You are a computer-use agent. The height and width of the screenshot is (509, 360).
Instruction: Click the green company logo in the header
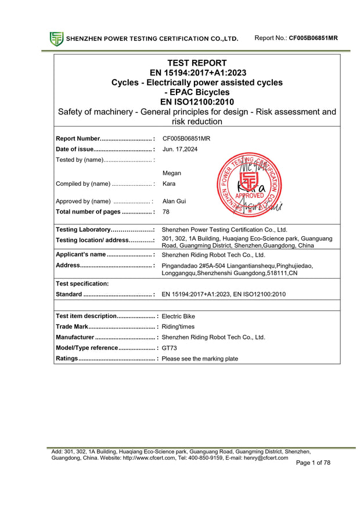56,39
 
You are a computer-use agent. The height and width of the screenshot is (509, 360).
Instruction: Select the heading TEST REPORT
197,63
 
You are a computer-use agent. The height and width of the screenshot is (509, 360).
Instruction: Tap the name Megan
171,173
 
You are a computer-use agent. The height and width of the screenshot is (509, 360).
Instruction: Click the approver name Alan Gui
174,201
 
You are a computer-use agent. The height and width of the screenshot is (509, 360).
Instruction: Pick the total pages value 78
166,212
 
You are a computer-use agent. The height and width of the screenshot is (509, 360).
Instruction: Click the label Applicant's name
81,254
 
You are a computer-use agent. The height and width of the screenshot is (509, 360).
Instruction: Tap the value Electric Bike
178,316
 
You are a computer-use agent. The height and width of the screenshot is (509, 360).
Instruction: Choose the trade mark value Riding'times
179,327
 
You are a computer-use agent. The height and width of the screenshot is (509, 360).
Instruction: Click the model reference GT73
170,348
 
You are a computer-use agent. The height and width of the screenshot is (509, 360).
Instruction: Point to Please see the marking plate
200,359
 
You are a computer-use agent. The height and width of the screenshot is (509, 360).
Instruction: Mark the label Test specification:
82,284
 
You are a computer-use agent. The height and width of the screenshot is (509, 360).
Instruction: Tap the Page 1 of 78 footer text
313,463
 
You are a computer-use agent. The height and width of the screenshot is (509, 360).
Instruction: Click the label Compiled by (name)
82,184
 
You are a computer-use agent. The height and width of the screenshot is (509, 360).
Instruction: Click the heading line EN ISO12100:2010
197,102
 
